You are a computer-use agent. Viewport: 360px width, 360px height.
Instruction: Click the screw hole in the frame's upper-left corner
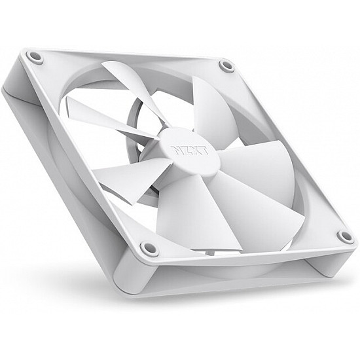pyautogui.click(x=35, y=58)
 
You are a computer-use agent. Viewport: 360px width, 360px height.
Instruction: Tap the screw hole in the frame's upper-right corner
pyautogui.click(x=226, y=65)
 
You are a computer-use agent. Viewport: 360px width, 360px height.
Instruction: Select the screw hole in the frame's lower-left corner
pyautogui.click(x=149, y=249)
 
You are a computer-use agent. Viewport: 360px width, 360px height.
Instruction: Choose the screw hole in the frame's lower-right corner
pyautogui.click(x=344, y=236)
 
